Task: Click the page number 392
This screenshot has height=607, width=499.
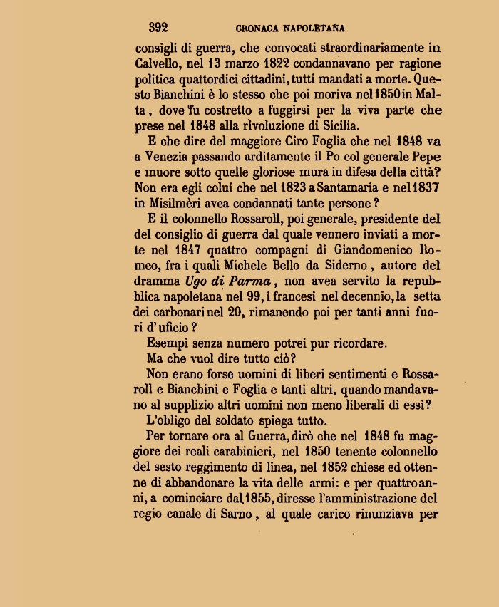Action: click(158, 28)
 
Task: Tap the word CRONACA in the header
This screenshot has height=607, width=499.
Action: click(257, 28)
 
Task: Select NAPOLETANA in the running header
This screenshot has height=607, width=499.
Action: click(314, 28)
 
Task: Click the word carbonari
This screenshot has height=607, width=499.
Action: click(179, 311)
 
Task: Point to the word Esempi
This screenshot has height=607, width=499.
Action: click(165, 343)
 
